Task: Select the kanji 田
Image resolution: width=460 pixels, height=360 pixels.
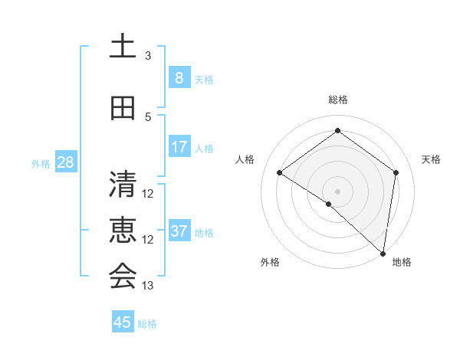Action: point(123,109)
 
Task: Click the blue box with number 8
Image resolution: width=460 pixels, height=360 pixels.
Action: point(179,77)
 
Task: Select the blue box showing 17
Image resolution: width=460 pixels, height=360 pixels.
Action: point(179,146)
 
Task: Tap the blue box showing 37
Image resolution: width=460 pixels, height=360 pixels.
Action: point(179,231)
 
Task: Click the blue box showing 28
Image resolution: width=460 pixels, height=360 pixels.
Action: point(65,162)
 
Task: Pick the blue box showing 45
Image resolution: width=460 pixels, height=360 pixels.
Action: point(123,322)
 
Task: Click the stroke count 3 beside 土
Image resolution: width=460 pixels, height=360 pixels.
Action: point(148,56)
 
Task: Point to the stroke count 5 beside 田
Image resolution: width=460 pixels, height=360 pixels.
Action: point(148,117)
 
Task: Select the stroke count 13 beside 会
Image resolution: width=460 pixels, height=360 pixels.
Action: point(148,286)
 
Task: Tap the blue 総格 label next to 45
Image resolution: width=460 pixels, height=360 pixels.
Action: point(147,324)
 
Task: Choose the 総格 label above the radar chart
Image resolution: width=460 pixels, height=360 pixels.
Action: point(337,100)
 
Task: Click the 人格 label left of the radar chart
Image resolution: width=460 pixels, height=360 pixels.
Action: point(245,159)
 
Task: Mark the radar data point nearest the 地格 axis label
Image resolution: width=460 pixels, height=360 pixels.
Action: point(383,254)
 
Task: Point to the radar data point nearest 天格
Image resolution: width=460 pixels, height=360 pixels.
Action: point(396,172)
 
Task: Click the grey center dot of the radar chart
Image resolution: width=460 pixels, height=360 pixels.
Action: point(337,191)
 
